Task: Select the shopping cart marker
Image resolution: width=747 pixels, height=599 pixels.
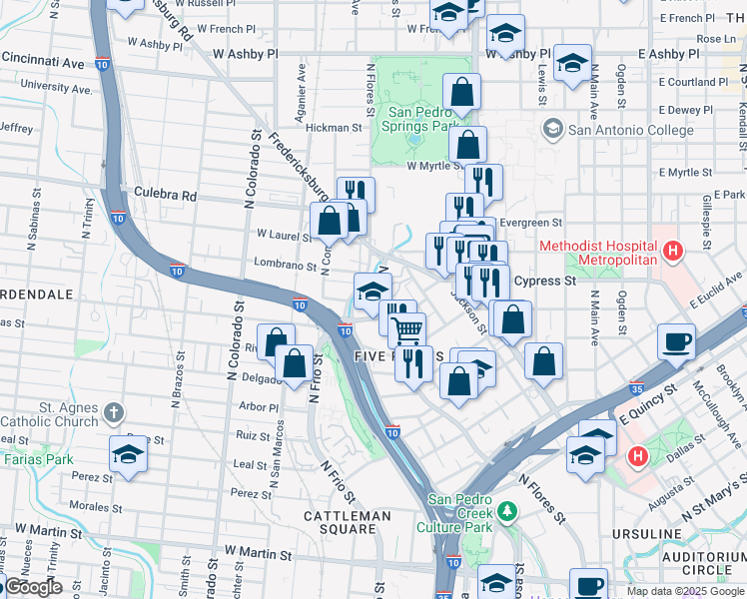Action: (x=406, y=328)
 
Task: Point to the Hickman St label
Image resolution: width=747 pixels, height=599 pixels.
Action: (x=334, y=128)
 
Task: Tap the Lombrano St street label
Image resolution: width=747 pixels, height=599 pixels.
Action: (x=279, y=266)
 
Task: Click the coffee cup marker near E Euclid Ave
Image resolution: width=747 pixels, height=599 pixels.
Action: (x=676, y=340)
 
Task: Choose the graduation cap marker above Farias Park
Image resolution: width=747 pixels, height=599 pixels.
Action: (x=129, y=453)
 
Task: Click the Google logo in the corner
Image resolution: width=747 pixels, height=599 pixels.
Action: (x=32, y=588)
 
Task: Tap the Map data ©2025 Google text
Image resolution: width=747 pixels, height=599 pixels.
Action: (x=684, y=591)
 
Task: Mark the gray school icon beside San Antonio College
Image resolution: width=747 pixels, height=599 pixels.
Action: (x=552, y=130)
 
